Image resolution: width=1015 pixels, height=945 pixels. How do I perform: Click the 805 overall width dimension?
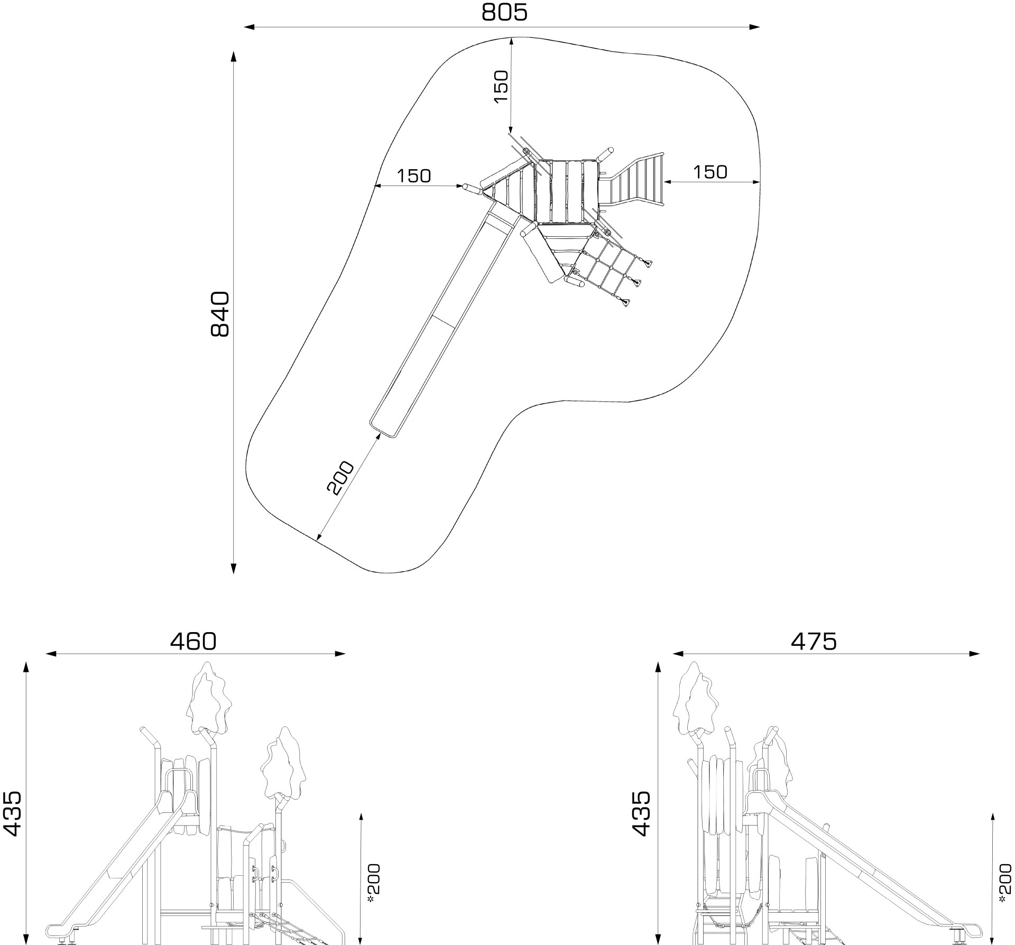(504, 12)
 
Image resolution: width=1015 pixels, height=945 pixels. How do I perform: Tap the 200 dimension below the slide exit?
(340, 478)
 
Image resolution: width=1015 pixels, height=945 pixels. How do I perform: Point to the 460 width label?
(193, 641)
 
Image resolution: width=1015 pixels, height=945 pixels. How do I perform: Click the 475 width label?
(814, 641)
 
